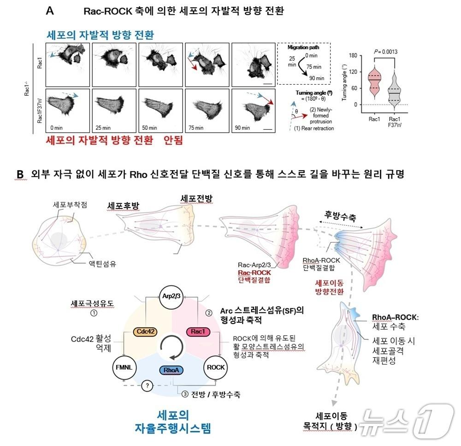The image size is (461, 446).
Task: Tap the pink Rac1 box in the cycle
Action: pos(196,330)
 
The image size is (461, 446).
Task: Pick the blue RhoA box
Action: pos(170,370)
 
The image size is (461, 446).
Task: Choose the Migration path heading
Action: pos(304,48)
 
